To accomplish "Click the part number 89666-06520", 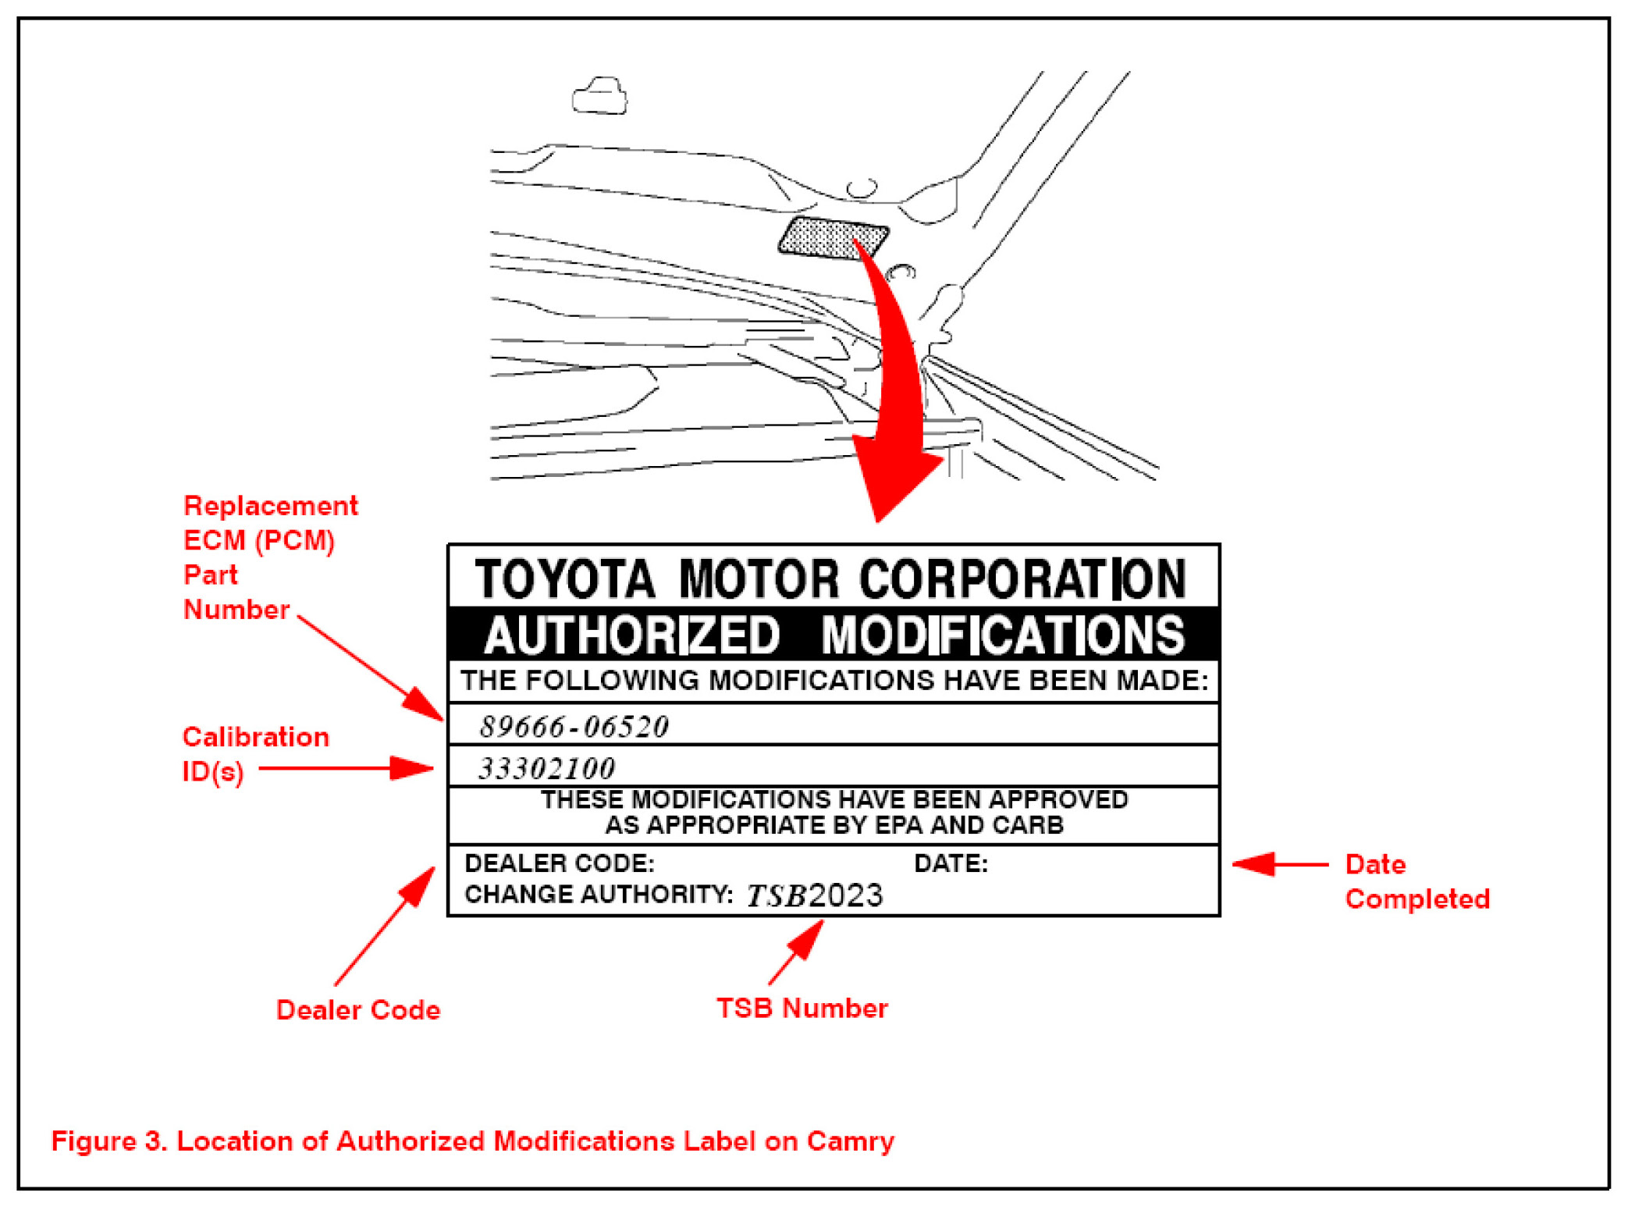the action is click(x=574, y=727).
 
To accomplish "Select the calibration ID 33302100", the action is click(x=546, y=769).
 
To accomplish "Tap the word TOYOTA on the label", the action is click(x=565, y=579).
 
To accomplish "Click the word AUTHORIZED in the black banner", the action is click(x=632, y=635).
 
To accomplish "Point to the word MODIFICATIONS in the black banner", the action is click(x=1004, y=635).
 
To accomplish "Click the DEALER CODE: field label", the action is click(x=560, y=863).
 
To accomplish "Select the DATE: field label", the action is click(x=951, y=863).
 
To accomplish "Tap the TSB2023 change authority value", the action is click(x=815, y=895).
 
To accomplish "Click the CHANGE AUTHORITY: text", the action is click(x=599, y=894).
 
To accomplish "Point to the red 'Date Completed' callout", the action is click(x=1417, y=882).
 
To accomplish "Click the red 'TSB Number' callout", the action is click(x=802, y=1008).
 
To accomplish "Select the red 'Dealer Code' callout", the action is click(x=358, y=1009).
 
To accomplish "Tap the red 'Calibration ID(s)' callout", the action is click(x=255, y=754).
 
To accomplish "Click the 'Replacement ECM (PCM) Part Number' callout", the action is click(x=270, y=557).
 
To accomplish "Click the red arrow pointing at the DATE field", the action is click(x=1280, y=864).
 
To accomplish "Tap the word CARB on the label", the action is click(x=1028, y=825).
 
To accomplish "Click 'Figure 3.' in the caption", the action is click(x=109, y=1141).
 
